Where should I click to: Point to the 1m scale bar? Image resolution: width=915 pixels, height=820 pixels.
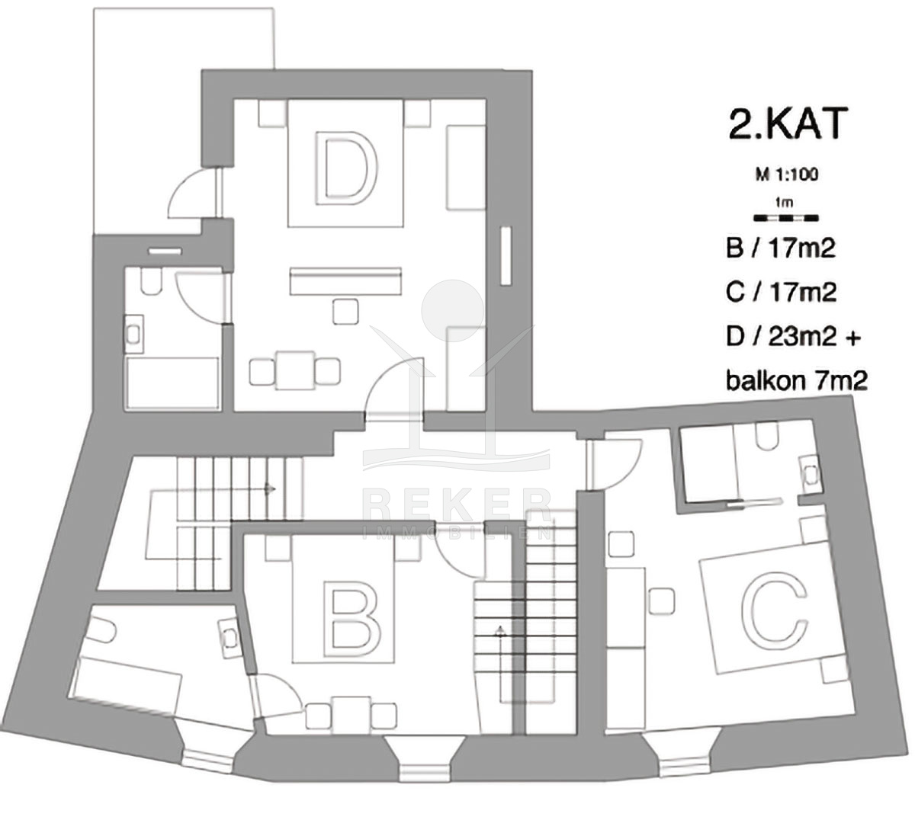(786, 219)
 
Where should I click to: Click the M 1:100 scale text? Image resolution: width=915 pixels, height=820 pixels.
(787, 175)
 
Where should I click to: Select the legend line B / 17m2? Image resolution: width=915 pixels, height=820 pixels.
(781, 248)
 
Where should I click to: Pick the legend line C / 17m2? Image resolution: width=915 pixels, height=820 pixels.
(782, 292)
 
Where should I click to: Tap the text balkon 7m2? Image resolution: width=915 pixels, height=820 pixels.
(797, 381)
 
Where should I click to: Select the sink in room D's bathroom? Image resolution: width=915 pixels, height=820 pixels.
(133, 334)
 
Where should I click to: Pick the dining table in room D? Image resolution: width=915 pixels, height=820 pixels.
(295, 370)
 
